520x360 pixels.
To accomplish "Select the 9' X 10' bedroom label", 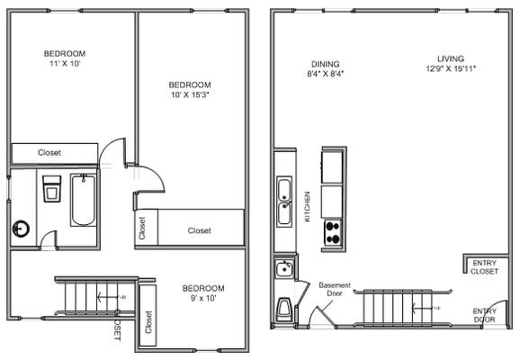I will [202, 293].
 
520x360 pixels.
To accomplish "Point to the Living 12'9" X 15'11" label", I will [451, 64].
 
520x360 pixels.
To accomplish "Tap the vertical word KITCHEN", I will [308, 206].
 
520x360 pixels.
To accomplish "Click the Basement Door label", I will [335, 290].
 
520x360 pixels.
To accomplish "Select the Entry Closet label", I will [484, 266].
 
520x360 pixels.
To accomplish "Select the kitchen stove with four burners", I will [332, 231].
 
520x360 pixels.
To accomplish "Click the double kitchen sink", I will [284, 201].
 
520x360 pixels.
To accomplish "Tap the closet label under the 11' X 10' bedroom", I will [49, 153].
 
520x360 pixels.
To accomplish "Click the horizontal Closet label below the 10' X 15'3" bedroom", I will [199, 231].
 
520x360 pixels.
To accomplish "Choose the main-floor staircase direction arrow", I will [419, 308].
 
